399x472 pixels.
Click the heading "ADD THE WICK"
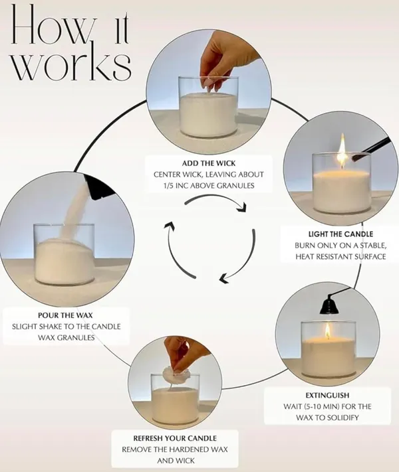pyautogui.click(x=209, y=163)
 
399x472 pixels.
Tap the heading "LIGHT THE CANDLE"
pyautogui.click(x=340, y=234)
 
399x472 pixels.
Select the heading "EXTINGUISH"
pyautogui.click(x=327, y=395)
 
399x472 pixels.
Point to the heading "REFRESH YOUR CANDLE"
pyautogui.click(x=175, y=438)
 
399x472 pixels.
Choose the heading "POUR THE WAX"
pyautogui.click(x=65, y=315)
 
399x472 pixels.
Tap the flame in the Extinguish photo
pyautogui.click(x=328, y=330)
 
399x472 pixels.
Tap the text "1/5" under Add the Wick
pyautogui.click(x=169, y=186)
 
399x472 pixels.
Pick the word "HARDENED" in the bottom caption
pyautogui.click(x=190, y=449)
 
